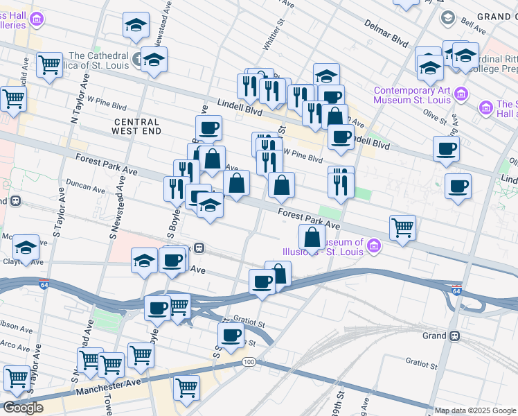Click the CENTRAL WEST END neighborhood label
tap(137, 125)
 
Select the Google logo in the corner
tap(22, 408)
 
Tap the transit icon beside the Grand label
tap(454, 336)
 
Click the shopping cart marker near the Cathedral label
tap(49, 65)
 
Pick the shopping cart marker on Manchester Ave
tap(186, 387)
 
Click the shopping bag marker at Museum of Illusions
tap(312, 237)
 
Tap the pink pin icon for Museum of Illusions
tap(374, 245)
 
